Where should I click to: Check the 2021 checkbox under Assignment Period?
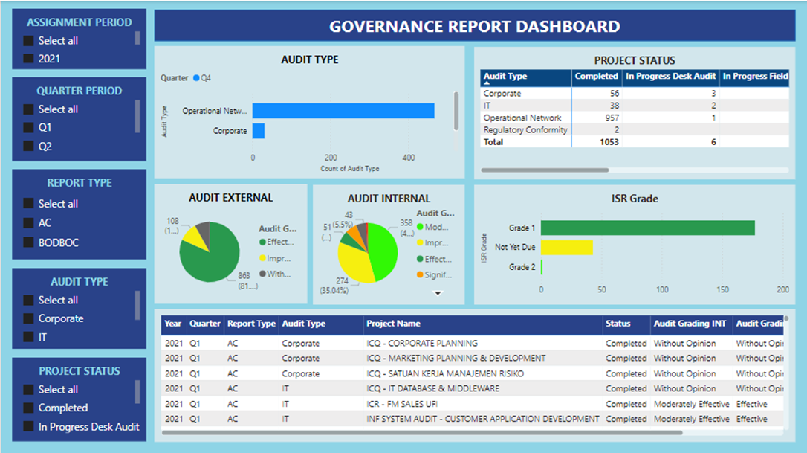point(28,59)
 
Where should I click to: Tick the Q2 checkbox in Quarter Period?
point(28,147)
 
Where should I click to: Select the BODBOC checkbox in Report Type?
point(28,242)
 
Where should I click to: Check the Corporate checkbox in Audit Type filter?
point(28,318)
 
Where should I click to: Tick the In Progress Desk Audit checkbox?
point(28,427)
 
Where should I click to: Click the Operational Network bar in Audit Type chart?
point(343,111)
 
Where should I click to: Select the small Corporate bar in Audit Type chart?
point(259,131)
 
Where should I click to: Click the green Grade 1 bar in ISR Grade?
point(646,228)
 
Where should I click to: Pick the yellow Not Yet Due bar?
point(566,247)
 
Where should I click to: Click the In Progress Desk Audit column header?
point(670,76)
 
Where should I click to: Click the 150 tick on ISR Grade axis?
point(722,290)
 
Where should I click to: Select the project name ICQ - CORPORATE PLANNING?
point(422,344)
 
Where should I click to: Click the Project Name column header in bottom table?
point(394,324)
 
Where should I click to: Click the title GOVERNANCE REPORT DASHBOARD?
point(474,27)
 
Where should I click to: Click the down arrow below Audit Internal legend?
point(438,293)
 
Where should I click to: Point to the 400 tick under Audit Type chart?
point(408,158)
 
